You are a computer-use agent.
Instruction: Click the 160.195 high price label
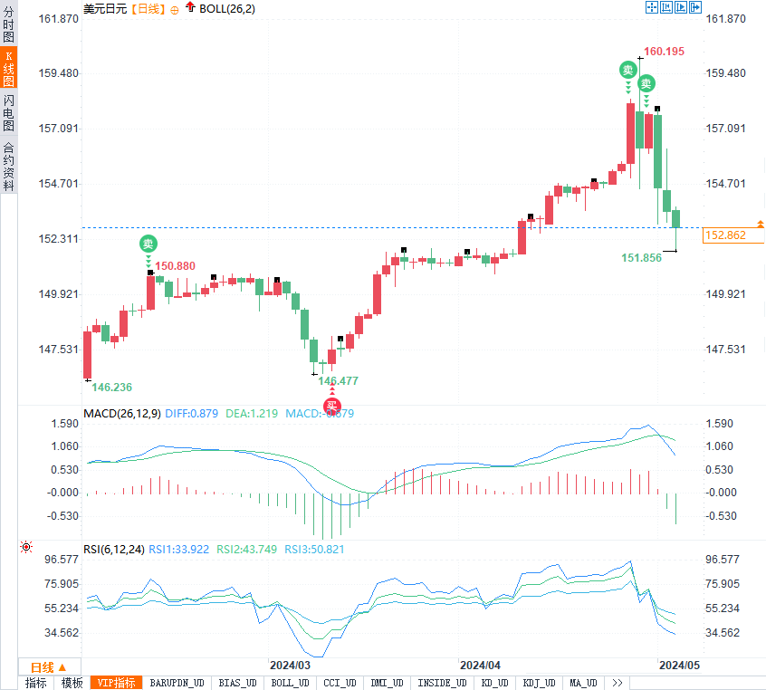(664, 52)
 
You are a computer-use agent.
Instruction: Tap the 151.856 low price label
(641, 258)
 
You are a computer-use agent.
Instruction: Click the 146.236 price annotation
(111, 388)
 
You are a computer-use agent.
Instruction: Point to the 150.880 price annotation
(175, 266)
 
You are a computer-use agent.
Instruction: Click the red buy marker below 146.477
(332, 405)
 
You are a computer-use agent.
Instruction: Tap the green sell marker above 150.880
(148, 243)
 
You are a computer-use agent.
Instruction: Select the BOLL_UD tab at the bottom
(290, 683)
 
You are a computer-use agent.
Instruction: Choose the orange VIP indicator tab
(117, 683)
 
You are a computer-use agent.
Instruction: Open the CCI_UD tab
(340, 683)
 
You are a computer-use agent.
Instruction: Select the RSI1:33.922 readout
(178, 549)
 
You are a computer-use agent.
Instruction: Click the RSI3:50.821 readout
(314, 549)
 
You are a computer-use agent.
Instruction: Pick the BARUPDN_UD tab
(177, 683)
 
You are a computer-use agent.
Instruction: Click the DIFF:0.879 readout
(192, 414)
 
